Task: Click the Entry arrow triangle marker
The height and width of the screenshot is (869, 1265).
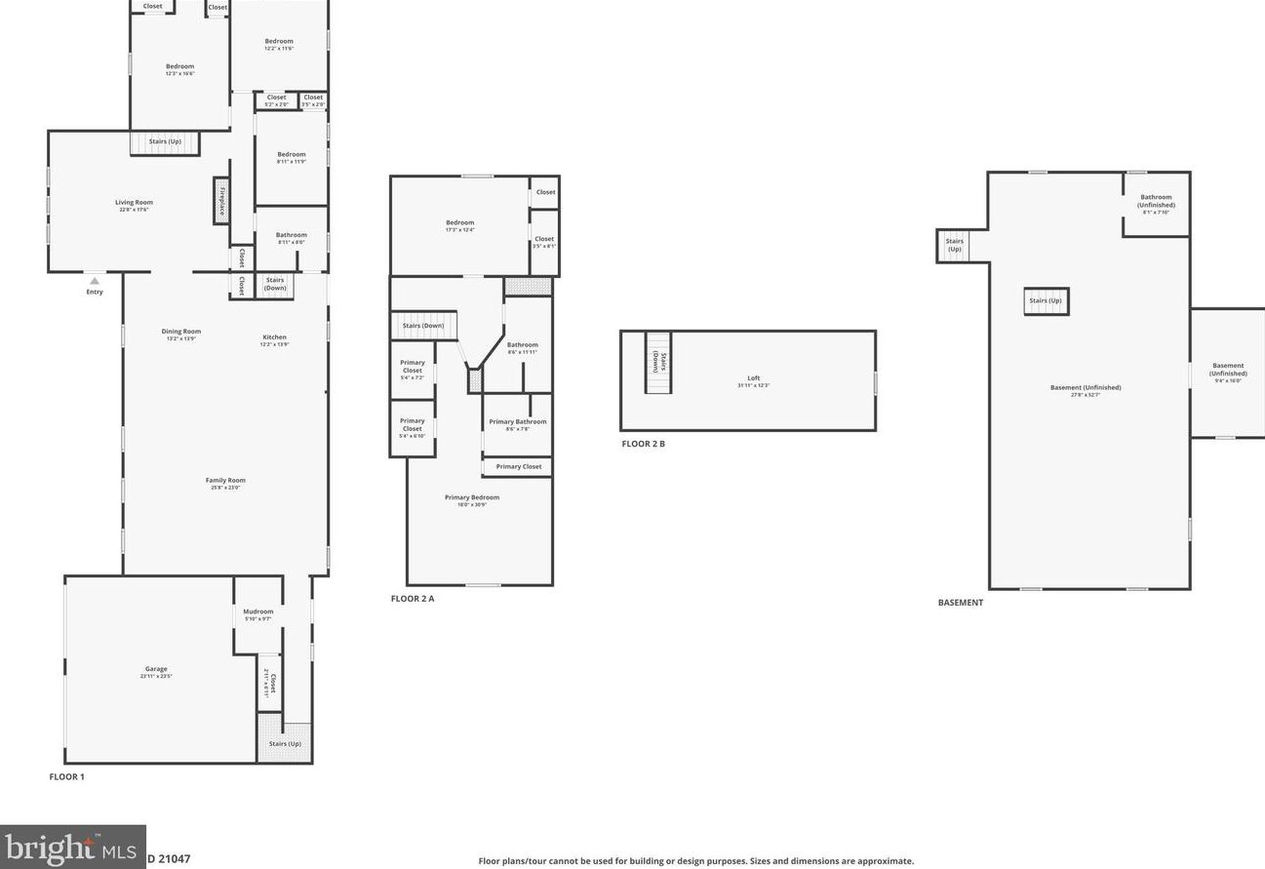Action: [95, 281]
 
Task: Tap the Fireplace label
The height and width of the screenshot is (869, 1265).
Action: [221, 200]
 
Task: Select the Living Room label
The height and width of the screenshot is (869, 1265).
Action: [135, 203]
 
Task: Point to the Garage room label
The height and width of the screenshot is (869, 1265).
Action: [156, 669]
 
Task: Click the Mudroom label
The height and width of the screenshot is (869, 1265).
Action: [258, 612]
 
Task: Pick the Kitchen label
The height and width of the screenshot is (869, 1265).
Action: [275, 337]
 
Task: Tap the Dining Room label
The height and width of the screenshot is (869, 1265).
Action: [181, 332]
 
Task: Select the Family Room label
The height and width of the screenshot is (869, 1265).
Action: [225, 480]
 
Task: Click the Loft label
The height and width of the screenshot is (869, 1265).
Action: [753, 378]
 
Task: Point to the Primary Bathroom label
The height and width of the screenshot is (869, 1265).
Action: [518, 422]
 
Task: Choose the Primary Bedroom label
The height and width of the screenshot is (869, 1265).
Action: [472, 497]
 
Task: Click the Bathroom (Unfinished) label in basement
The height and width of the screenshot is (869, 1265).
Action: [1157, 202]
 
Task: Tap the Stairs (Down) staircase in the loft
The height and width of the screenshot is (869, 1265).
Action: [658, 362]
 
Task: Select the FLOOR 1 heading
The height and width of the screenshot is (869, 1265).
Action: [67, 777]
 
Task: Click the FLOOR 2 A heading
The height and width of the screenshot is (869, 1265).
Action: [413, 599]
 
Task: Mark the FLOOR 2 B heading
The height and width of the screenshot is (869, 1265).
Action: [644, 444]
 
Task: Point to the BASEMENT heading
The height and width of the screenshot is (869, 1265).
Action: [961, 603]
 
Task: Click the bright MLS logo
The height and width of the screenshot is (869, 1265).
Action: [72, 848]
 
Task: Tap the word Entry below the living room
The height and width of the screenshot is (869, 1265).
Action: [95, 293]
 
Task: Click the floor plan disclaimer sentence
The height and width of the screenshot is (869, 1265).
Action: [695, 861]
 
